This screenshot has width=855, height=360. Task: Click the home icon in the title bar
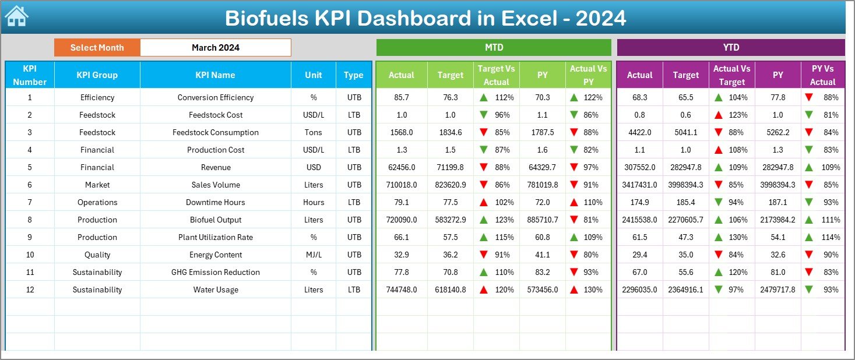point(16,16)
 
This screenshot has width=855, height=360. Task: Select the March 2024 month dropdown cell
point(215,48)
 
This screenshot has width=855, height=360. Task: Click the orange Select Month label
point(97,48)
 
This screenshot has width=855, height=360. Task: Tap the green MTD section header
point(494,48)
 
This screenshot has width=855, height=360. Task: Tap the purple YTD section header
point(730,48)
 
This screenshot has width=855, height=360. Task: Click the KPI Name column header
point(215,75)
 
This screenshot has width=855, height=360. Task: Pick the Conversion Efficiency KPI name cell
point(215,97)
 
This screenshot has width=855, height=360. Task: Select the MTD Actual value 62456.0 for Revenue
point(401,167)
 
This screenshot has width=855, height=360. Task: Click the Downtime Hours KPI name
point(215,202)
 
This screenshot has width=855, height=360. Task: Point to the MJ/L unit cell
point(313,255)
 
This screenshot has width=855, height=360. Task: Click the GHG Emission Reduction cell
point(215,272)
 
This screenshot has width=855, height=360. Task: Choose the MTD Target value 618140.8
point(450,290)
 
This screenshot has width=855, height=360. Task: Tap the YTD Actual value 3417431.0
point(639,185)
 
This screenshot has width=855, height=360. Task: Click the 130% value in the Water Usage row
point(593,290)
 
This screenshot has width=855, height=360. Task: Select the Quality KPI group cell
point(97,255)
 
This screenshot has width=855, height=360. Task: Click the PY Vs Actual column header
point(822,75)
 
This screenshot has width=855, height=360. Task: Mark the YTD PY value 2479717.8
point(777,290)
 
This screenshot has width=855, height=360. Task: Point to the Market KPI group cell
point(97,185)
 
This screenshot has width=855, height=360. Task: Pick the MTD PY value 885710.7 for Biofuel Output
point(542,220)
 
